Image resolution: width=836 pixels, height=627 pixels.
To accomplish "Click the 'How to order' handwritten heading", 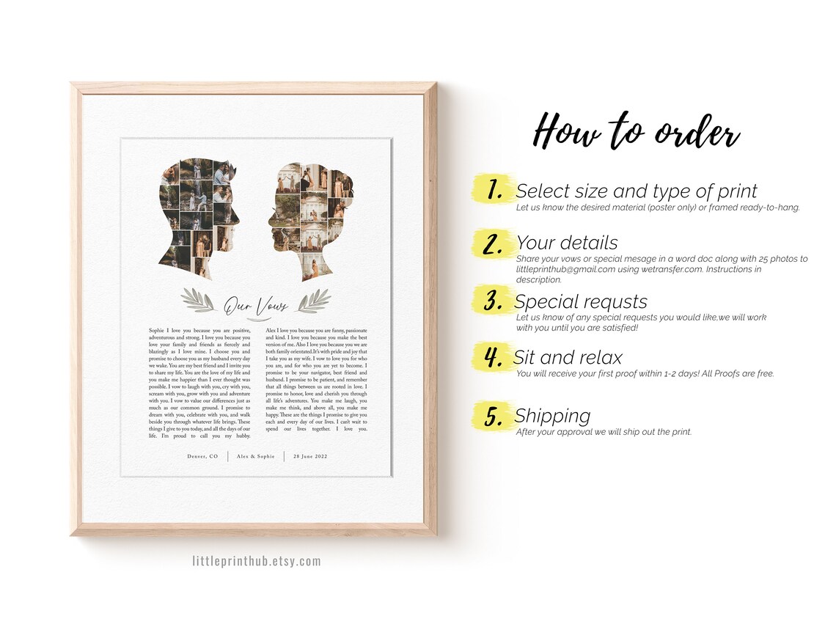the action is coord(636,131).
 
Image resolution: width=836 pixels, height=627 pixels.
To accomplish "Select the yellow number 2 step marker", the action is coord(494,243).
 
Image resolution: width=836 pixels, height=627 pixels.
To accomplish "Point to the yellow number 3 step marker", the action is coord(494,300).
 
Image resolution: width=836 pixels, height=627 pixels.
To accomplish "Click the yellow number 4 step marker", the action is coord(494,356).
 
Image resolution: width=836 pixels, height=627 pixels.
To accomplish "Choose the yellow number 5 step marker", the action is coord(494,415).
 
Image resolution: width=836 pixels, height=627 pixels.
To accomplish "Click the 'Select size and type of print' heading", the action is coord(637,191).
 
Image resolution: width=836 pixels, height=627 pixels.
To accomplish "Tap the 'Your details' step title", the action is coord(567,243).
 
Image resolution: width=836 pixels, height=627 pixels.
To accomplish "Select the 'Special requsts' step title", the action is coord(581,302).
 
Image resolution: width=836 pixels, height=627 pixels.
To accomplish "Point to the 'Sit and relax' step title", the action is coord(568,357).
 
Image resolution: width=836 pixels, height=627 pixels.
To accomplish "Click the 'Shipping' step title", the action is coord(552,416).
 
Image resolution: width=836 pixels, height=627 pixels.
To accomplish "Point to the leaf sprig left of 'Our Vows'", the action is coord(197,300).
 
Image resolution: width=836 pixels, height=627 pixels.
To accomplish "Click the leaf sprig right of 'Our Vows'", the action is coord(314,301).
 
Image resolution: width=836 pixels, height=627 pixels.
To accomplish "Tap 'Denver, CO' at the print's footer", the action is coord(202,456).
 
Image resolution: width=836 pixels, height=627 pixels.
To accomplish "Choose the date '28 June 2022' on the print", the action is coord(310,456).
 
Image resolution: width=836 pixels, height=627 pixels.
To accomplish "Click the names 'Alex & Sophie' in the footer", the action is coord(256,456).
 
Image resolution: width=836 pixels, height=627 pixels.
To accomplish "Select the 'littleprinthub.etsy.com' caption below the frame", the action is coord(257,561).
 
